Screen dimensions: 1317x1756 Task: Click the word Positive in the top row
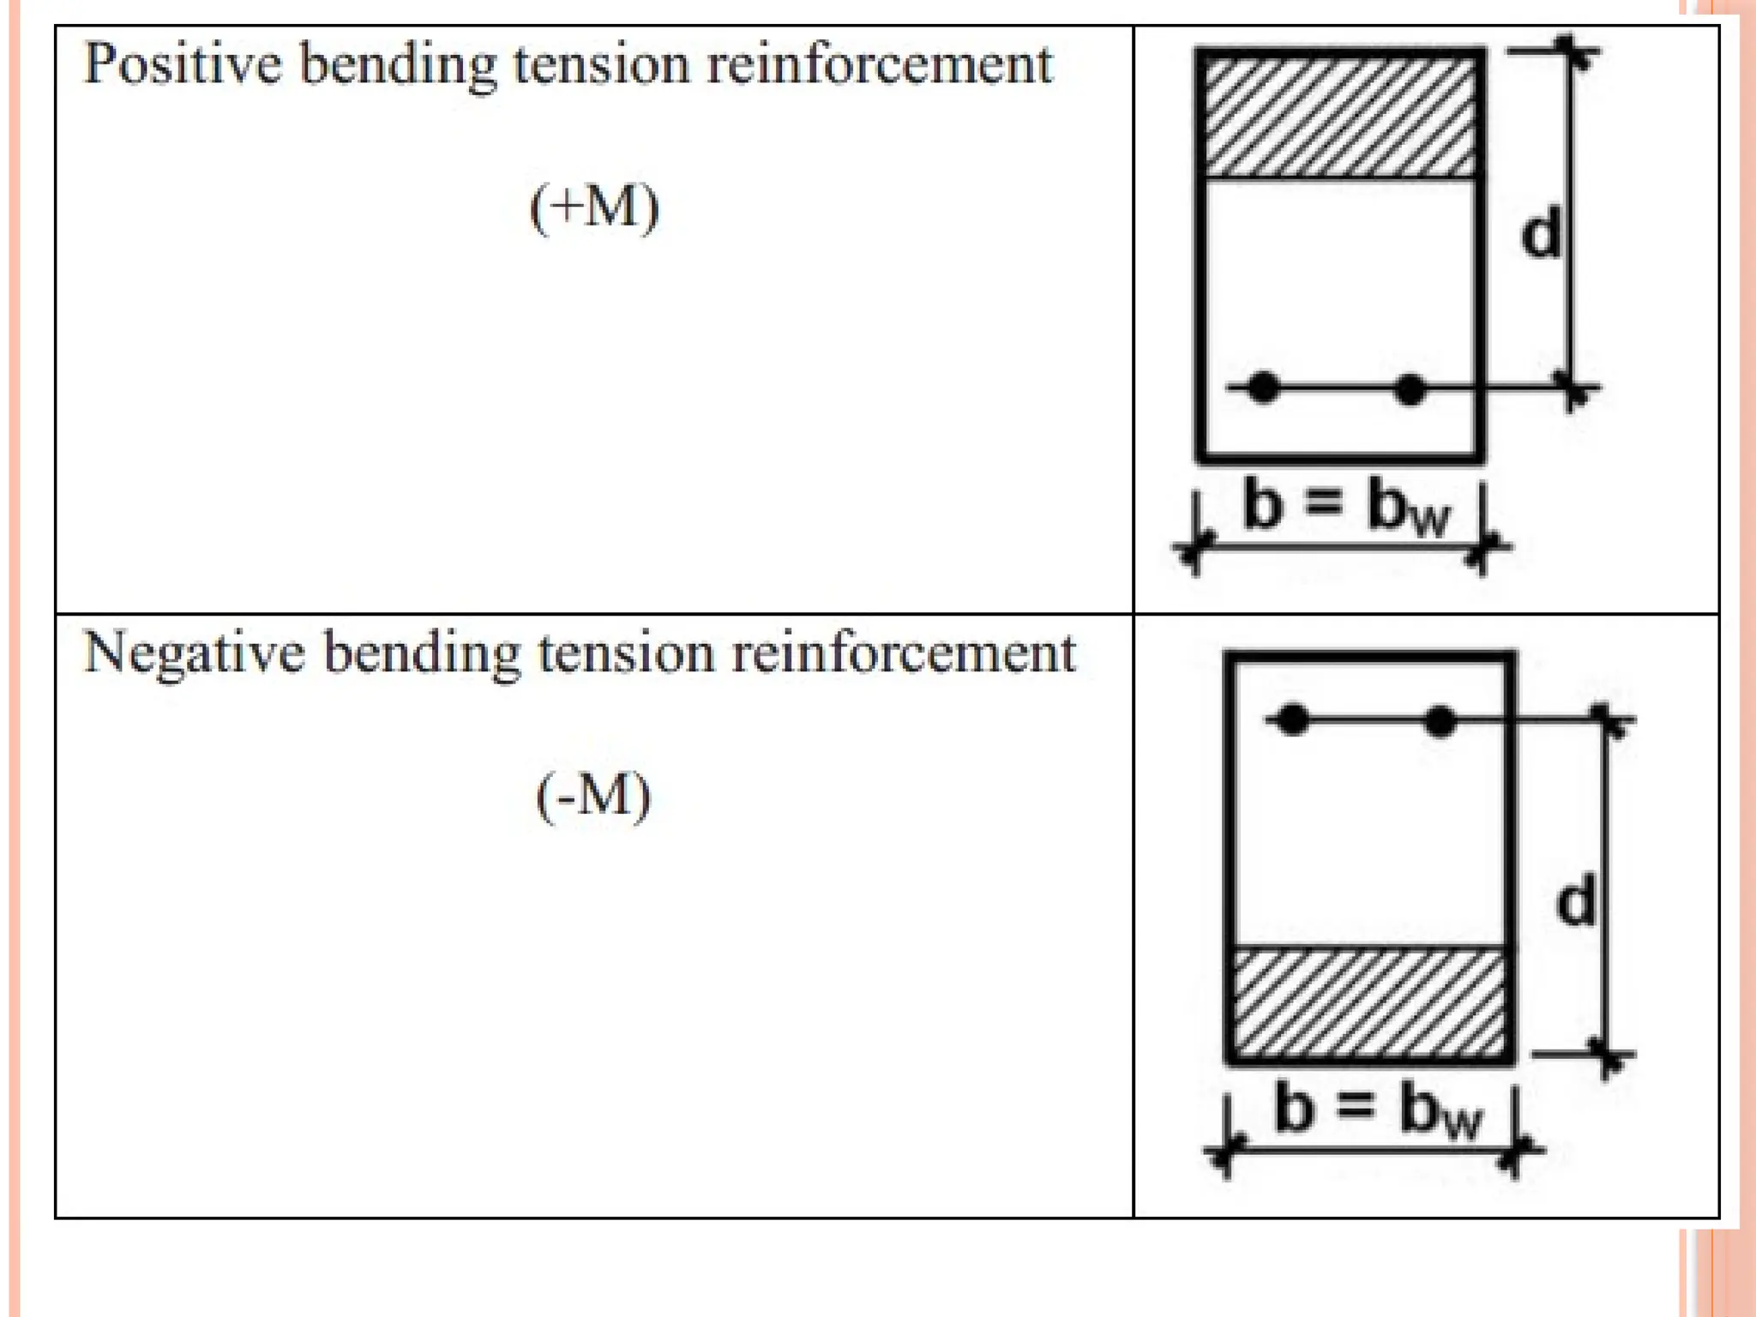pos(183,64)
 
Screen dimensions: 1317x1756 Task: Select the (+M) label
pos(594,207)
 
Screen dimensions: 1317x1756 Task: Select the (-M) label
pos(593,797)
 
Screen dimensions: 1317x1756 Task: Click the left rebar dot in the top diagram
pos(1263,388)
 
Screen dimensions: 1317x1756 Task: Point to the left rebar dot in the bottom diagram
pos(1293,720)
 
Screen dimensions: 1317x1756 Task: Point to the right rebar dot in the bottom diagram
pos(1440,721)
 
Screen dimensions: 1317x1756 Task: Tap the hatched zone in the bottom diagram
pos(1369,1002)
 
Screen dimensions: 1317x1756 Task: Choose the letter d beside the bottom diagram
pos(1576,900)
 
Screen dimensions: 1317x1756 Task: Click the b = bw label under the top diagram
pos(1345,508)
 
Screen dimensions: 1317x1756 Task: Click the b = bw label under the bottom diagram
pos(1377,1110)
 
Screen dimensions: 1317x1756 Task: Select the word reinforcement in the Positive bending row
pos(879,64)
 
